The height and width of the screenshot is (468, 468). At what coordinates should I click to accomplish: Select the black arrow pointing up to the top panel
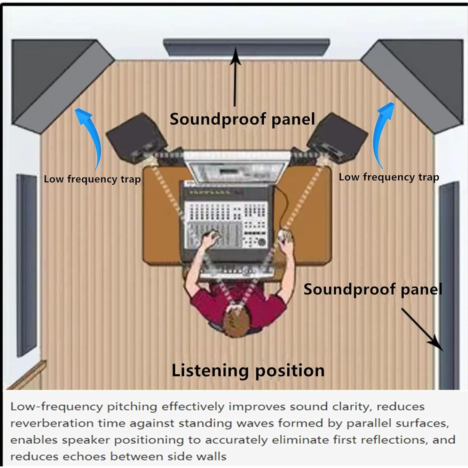(235, 78)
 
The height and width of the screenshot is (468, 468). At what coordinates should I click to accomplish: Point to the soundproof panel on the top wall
(246, 47)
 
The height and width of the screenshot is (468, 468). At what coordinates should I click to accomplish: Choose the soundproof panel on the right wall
(449, 281)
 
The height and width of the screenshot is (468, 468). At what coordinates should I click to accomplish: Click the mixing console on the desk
(226, 218)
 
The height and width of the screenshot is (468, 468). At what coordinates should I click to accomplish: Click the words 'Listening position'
(248, 371)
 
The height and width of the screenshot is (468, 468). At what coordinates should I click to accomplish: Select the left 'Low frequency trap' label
(92, 179)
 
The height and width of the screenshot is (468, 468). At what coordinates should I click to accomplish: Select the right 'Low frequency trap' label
(389, 177)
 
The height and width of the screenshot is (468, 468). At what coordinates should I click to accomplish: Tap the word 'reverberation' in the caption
(51, 423)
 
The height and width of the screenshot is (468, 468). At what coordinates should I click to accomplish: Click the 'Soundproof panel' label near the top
(242, 119)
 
